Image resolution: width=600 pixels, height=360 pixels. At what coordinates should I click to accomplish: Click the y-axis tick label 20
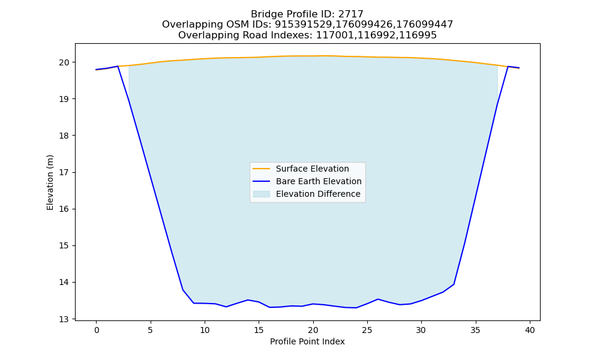point(64,62)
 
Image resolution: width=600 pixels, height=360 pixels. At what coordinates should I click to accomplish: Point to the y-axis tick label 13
point(64,319)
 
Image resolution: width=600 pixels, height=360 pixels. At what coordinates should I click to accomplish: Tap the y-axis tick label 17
point(64,173)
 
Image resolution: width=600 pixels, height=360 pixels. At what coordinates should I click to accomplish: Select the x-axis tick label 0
point(96,330)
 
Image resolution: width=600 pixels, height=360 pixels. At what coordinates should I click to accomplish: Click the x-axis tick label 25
point(367,330)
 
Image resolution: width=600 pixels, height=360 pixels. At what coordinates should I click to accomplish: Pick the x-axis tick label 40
point(530,330)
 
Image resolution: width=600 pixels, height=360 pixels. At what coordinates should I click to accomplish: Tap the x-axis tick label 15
point(259,330)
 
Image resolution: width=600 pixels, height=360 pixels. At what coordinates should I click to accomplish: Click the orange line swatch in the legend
point(262,169)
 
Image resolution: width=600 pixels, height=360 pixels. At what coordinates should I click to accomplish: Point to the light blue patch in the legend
point(262,194)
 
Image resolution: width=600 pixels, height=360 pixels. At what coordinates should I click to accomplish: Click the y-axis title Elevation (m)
point(50,182)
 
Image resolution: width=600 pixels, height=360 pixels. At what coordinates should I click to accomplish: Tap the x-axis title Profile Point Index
point(307,341)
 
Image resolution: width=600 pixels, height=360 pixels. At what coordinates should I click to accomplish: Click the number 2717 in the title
point(351,14)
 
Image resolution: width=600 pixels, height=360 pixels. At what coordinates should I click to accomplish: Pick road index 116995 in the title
point(418,35)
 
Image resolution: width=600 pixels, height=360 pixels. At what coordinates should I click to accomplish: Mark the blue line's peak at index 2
point(118,66)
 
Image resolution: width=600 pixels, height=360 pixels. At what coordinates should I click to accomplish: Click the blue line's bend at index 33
point(454,284)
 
